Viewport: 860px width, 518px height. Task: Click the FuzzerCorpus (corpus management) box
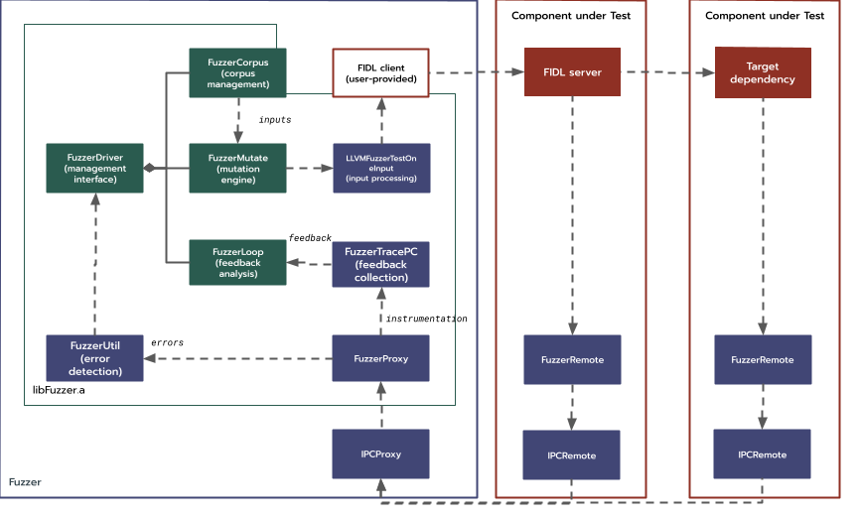tap(237, 72)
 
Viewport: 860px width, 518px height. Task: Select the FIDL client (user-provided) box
tap(380, 72)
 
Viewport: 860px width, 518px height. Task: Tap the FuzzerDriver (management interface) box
tap(94, 168)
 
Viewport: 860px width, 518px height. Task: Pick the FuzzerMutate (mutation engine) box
tap(237, 168)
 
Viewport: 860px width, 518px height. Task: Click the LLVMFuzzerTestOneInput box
tap(380, 168)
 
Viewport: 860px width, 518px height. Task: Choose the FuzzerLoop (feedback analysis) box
tap(237, 263)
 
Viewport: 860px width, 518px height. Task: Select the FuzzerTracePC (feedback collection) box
tap(380, 263)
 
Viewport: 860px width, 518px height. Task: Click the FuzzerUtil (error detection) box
tap(94, 358)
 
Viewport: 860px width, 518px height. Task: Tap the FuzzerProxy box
tap(380, 358)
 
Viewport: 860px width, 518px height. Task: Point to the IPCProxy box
tap(380, 453)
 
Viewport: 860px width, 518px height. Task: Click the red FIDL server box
tap(572, 72)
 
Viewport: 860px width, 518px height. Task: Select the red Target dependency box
tap(763, 72)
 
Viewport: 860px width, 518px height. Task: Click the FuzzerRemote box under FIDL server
tap(572, 358)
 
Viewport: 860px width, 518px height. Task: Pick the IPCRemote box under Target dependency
tap(763, 453)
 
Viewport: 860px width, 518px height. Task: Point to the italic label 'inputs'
tap(275, 120)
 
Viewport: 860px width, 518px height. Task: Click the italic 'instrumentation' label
tap(426, 319)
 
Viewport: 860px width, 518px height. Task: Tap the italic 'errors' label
tap(167, 342)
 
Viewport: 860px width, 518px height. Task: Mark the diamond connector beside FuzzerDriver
tap(149, 168)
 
